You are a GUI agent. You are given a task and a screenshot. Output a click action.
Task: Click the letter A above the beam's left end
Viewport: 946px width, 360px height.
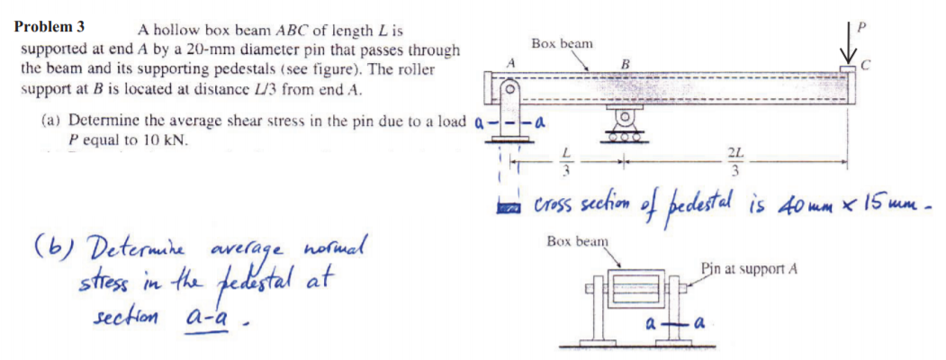[x=510, y=61]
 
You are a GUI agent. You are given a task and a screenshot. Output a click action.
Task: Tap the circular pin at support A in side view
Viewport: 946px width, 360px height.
[x=509, y=90]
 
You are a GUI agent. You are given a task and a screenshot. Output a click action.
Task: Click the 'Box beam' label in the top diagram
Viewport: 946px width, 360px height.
[x=562, y=43]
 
